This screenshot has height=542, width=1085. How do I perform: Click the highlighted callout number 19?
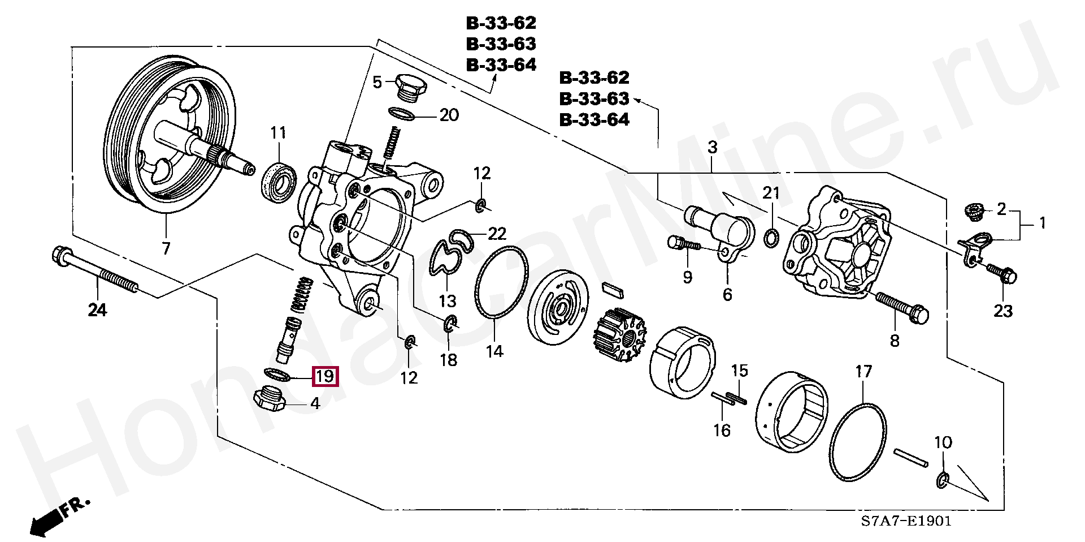click(325, 376)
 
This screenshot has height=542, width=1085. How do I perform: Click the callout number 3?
click(712, 148)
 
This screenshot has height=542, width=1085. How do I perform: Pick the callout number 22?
click(497, 233)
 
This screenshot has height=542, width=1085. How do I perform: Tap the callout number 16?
click(721, 430)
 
